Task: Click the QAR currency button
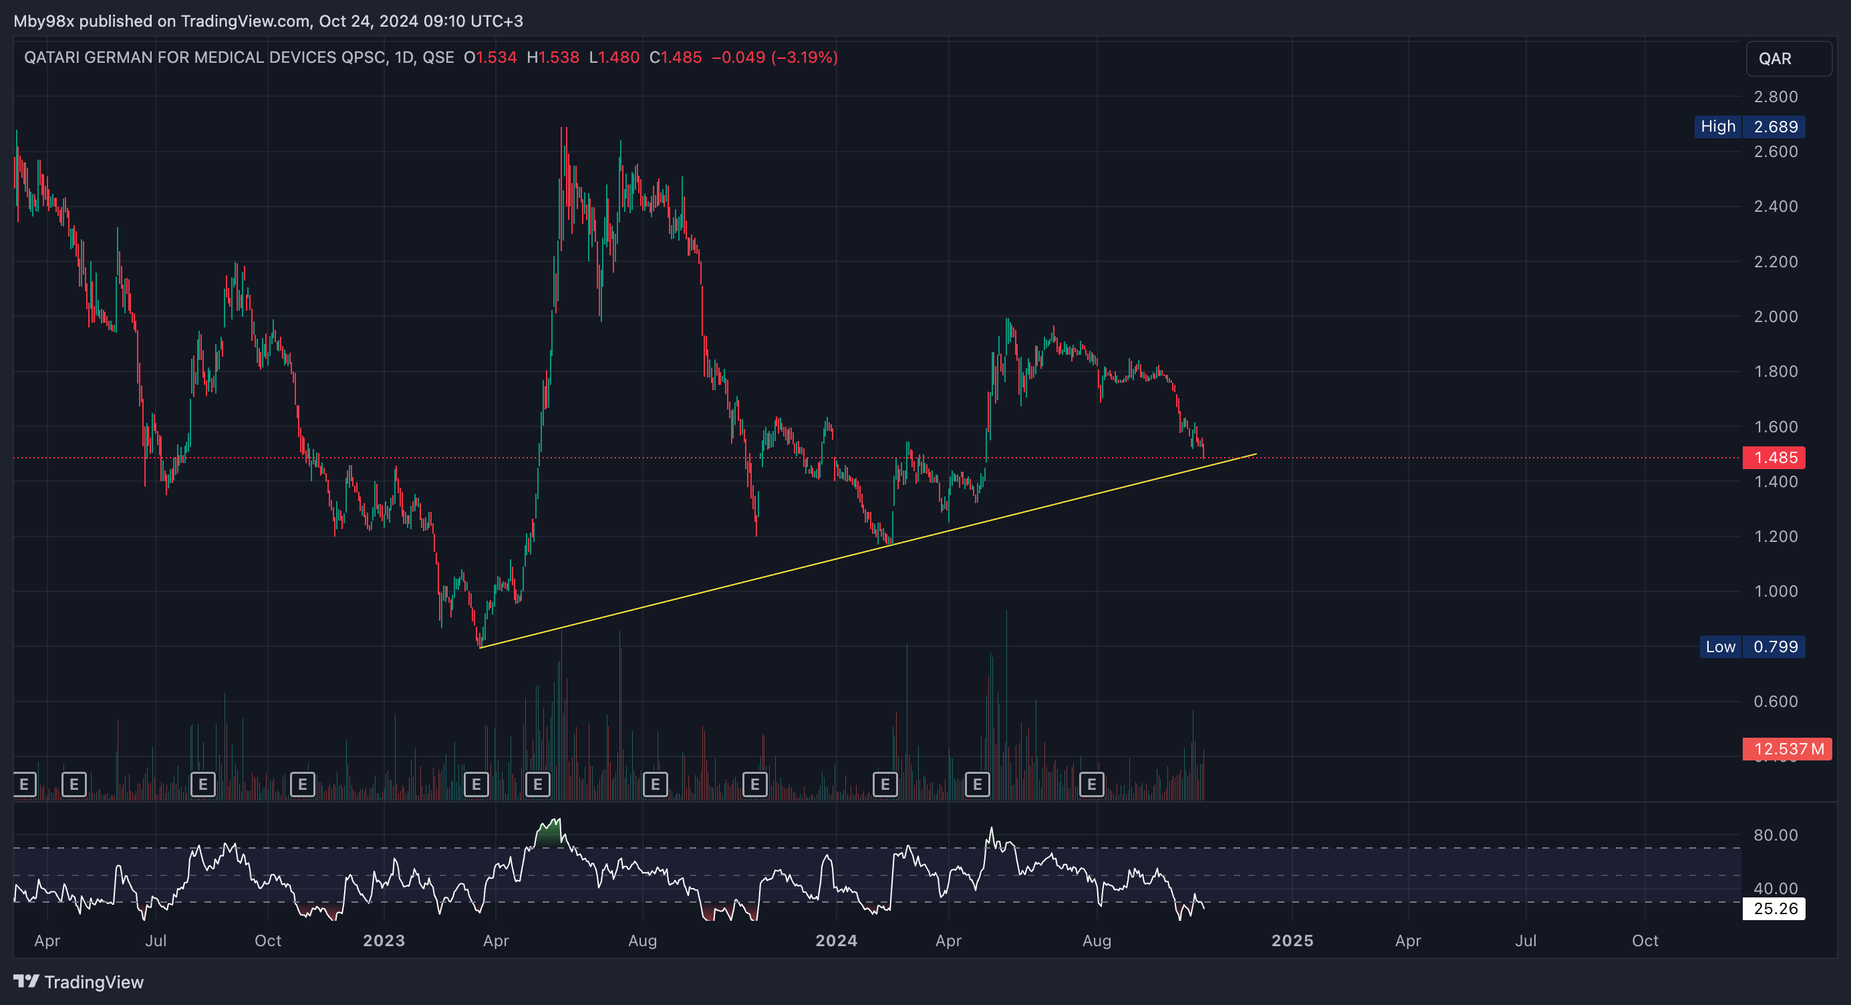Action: (x=1788, y=59)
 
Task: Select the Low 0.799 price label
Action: (x=1753, y=647)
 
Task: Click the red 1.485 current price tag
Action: (x=1774, y=458)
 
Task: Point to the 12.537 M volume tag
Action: (x=1787, y=749)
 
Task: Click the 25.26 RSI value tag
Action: (x=1774, y=909)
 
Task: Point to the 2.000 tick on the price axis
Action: (x=1775, y=317)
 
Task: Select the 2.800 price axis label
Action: (x=1775, y=97)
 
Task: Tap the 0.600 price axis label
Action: (x=1775, y=702)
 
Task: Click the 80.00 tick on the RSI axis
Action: (x=1775, y=835)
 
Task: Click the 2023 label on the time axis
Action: (x=384, y=941)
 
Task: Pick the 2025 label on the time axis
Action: (x=1292, y=941)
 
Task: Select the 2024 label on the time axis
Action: (x=837, y=941)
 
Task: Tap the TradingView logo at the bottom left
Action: (x=78, y=982)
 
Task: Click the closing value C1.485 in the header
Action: (x=676, y=57)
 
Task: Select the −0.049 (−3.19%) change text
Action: (x=774, y=57)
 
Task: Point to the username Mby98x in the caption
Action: (x=44, y=21)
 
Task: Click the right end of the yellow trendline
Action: (x=1257, y=454)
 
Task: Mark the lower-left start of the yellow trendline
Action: (x=479, y=648)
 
